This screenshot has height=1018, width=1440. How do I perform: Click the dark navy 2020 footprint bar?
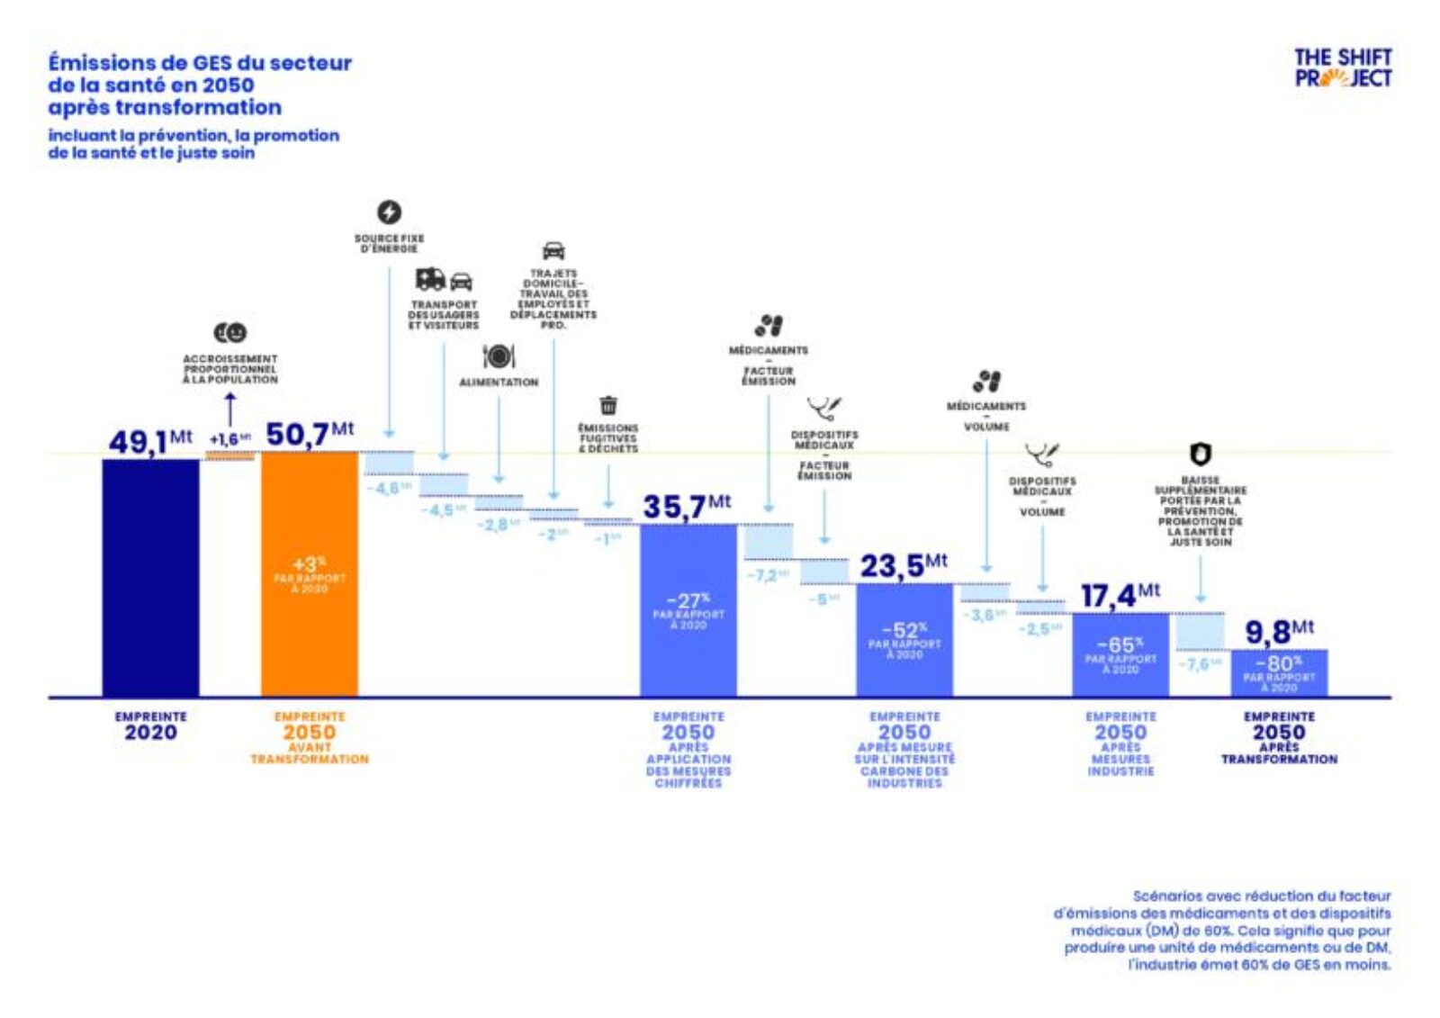coord(150,577)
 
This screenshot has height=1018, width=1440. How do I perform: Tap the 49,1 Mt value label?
coord(149,441)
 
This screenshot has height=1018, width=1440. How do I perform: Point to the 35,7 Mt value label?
coord(686,507)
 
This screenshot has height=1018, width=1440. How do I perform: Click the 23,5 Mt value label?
coord(903,566)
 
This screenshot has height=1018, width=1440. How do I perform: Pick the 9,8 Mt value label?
coord(1278,632)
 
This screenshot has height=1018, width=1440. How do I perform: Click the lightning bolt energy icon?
coord(389,212)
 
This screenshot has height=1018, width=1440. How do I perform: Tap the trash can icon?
coord(608,405)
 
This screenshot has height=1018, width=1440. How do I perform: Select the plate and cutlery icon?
coord(499,357)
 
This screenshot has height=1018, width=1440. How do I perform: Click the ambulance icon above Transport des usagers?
coord(430,279)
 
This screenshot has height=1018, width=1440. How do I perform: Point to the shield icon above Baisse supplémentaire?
coord(1200,454)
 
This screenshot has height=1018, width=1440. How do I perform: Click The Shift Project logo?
coord(1342,68)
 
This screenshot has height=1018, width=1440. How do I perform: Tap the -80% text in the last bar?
coord(1278,664)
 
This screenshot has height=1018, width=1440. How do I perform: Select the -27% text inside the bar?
coord(688,600)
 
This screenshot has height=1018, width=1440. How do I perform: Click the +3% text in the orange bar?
coord(309,564)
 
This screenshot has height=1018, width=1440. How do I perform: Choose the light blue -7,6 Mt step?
coord(1200,632)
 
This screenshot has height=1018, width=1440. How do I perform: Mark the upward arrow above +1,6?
coord(229,410)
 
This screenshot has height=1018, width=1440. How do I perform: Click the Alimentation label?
coord(499,383)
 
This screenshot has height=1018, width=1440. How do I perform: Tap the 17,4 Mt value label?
coord(1120,596)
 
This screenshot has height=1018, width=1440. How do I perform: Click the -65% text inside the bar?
coord(1120,645)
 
